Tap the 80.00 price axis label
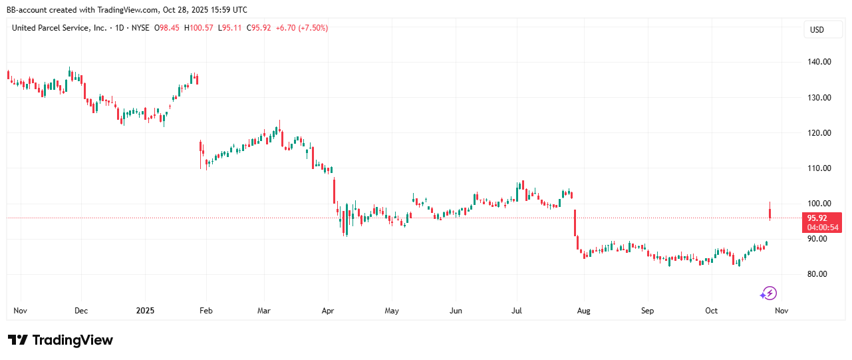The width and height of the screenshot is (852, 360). (x=817, y=274)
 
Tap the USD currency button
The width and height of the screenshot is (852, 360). (x=816, y=29)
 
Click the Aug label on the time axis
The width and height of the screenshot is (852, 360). (x=583, y=311)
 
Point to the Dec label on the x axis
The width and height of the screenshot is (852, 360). (x=81, y=311)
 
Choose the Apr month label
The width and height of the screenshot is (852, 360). (x=327, y=311)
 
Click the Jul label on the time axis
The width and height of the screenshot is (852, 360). (x=517, y=311)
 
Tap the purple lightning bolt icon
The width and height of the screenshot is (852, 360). (x=769, y=293)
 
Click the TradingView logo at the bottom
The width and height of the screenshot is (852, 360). (x=61, y=340)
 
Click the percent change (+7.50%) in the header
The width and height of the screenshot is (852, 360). (x=312, y=28)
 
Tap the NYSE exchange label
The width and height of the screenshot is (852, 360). (x=140, y=28)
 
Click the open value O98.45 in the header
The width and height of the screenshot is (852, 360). (x=168, y=28)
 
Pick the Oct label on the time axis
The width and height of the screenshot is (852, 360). (x=712, y=311)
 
